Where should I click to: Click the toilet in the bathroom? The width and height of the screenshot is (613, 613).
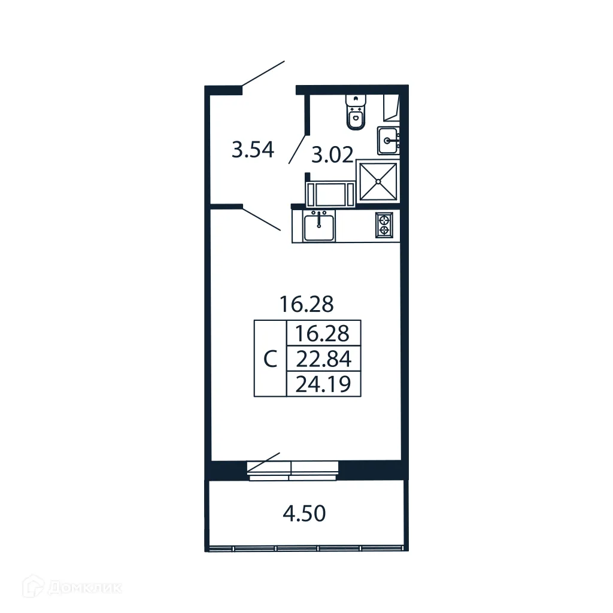coord(356,113)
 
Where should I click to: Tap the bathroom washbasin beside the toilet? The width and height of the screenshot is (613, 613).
coord(389,141)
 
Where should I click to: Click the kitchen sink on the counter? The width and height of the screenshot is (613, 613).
coord(319,227)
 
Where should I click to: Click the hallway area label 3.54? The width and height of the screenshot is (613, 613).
coord(253,150)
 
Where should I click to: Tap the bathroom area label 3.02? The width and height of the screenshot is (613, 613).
coord(331,156)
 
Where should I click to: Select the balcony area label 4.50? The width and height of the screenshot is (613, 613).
coord(304,513)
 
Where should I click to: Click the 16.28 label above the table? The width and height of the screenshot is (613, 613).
coord(306,305)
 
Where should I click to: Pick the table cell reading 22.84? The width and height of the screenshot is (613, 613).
coord(324,359)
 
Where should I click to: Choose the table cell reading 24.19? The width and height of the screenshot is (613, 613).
coord(324,384)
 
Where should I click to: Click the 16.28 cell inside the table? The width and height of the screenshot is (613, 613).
coord(324,333)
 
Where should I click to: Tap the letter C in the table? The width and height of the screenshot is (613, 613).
coord(271,359)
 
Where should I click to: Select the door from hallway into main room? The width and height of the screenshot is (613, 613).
coord(262,219)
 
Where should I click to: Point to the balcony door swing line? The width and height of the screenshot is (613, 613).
coord(264,462)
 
